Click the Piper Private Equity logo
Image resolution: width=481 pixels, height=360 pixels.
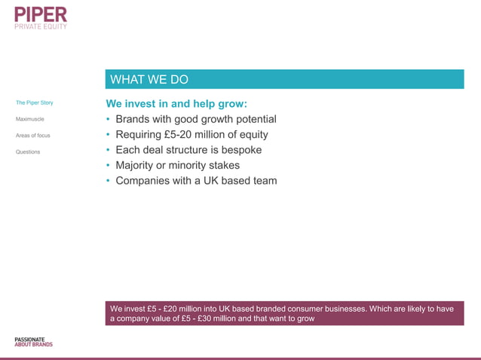(x=41, y=17)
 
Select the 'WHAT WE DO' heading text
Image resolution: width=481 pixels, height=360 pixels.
(x=149, y=80)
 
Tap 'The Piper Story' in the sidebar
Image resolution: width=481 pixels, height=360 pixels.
(x=34, y=102)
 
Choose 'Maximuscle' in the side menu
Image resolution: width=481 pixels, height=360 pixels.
(x=29, y=119)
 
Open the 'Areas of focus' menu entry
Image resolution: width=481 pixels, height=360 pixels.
(x=32, y=136)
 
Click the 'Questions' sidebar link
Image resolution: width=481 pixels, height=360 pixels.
(x=28, y=152)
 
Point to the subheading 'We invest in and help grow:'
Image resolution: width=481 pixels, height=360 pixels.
(x=176, y=104)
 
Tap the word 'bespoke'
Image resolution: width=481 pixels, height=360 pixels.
(x=238, y=150)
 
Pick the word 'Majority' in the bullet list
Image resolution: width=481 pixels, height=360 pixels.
(x=138, y=165)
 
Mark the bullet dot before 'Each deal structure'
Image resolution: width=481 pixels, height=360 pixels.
(x=108, y=151)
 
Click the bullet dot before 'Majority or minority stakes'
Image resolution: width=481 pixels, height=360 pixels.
(x=108, y=166)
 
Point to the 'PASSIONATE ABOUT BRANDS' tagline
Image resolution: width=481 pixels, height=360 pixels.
(x=34, y=342)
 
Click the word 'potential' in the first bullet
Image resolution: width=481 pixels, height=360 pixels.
(x=253, y=120)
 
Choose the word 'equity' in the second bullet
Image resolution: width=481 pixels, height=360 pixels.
(x=250, y=135)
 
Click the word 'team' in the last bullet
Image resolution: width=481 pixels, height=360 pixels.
(x=264, y=181)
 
